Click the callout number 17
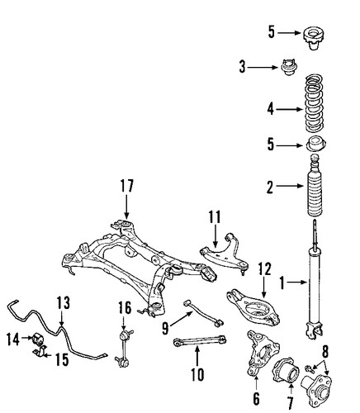click(126, 186)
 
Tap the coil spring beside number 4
click(314, 104)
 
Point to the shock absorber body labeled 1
click(315, 279)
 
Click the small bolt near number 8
click(310, 368)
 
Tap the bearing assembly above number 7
click(287, 370)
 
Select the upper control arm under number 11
click(225, 252)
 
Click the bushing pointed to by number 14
click(38, 339)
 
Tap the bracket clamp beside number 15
click(40, 352)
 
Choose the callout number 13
click(64, 302)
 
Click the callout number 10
click(197, 374)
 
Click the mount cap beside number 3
click(289, 68)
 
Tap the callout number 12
click(264, 269)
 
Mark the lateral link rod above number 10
click(200, 341)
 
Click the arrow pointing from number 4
click(290, 109)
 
